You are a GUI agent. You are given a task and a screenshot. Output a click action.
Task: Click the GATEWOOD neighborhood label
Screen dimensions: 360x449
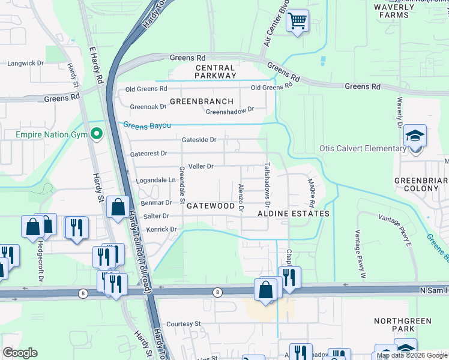(210, 206)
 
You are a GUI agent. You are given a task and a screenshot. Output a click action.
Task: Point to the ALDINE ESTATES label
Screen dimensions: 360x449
(294, 214)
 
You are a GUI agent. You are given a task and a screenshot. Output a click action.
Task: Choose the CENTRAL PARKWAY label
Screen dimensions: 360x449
(215, 72)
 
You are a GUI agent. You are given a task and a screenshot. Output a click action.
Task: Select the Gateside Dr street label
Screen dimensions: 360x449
(199, 140)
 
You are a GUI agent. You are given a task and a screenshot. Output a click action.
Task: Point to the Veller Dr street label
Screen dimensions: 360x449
(200, 166)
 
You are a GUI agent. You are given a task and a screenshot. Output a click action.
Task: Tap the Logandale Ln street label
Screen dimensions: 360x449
(155, 180)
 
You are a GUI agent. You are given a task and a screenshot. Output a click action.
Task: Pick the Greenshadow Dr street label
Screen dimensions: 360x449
(230, 111)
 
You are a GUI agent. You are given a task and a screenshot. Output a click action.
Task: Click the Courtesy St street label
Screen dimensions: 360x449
(183, 323)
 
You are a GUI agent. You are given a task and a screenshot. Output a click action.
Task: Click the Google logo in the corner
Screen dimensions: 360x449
(20, 353)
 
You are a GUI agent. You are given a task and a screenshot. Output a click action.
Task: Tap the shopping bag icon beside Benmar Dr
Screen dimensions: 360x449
(118, 206)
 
